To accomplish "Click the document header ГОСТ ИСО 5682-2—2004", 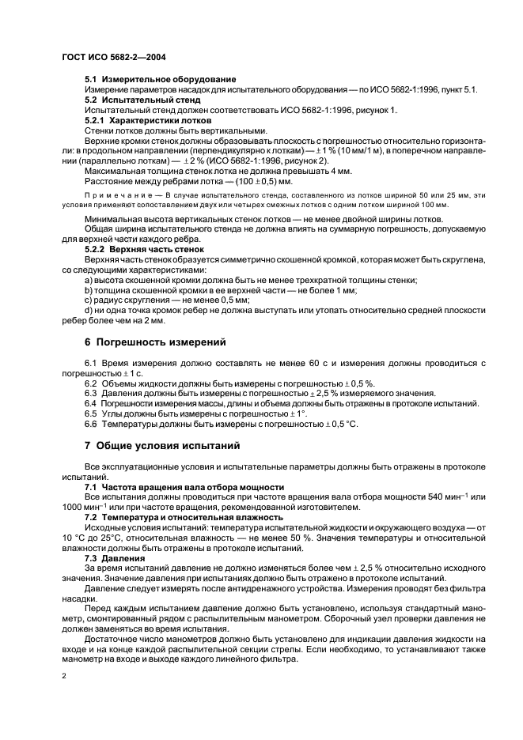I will coord(113,57).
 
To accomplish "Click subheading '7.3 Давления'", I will coord(122,557).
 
